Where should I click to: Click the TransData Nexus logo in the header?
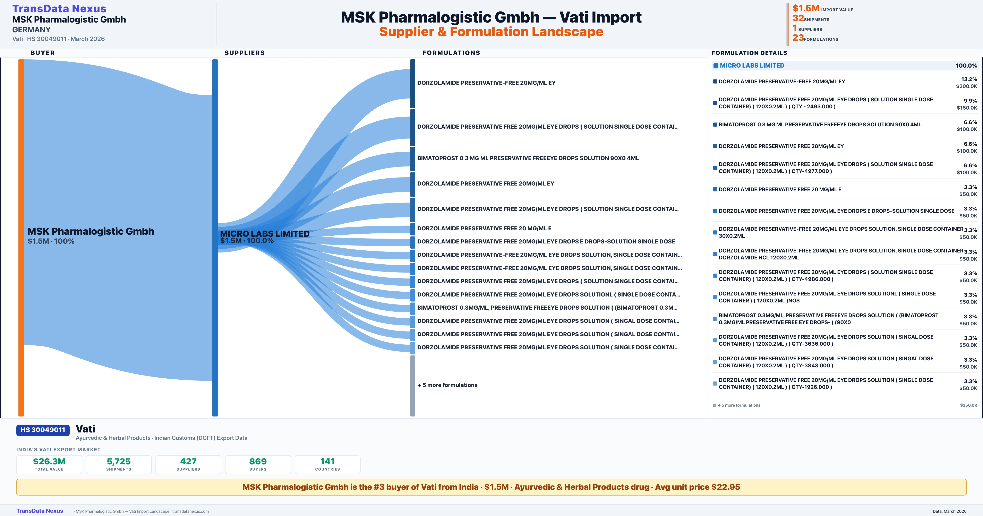coord(59,9)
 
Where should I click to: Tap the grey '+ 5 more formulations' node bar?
coord(412,386)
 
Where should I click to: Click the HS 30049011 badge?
coord(43,430)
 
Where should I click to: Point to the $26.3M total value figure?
coord(49,461)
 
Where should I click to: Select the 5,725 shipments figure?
coord(119,461)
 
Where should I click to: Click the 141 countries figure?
coord(327,461)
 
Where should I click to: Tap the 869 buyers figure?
coord(258,461)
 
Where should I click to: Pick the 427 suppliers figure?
coord(188,461)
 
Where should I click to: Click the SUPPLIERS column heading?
coord(245,53)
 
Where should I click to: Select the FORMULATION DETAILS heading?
coord(749,53)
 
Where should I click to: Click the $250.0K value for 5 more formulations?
coord(968,405)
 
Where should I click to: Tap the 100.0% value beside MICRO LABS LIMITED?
coord(966,66)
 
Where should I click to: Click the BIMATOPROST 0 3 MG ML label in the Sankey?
coord(528,158)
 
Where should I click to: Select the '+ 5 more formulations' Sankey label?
coord(447,385)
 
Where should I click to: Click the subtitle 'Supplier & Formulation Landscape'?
coord(491,32)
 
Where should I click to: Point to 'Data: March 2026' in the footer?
coord(949,511)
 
